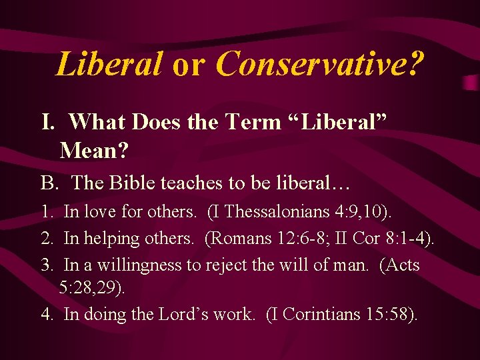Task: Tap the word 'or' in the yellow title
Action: point(189,65)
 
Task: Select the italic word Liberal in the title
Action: point(109,64)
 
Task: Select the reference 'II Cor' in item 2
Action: point(344,239)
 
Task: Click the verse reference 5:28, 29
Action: point(91,288)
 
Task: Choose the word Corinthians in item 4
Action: point(318,314)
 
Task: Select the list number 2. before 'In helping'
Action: point(48,239)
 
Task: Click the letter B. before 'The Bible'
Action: point(49,182)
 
